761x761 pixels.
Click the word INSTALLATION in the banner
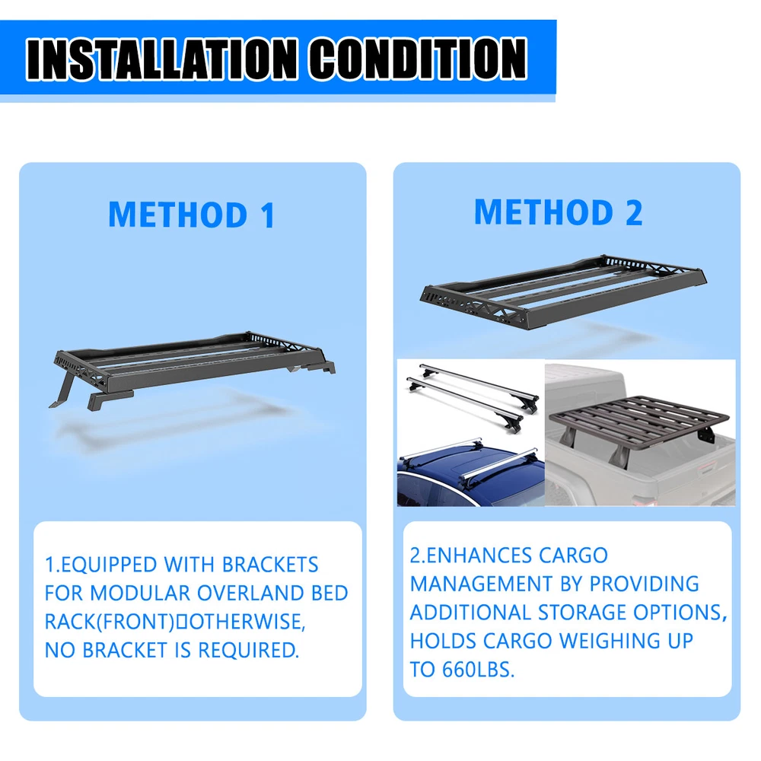click(x=161, y=59)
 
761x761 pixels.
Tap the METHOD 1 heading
click(x=193, y=215)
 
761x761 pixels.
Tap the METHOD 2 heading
click(x=559, y=212)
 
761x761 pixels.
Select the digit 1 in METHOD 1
click(x=268, y=215)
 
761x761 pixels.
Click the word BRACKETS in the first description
click(x=270, y=565)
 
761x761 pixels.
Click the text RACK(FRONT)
click(x=109, y=622)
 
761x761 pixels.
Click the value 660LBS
click(x=478, y=670)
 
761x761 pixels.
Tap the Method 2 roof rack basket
click(x=563, y=291)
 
